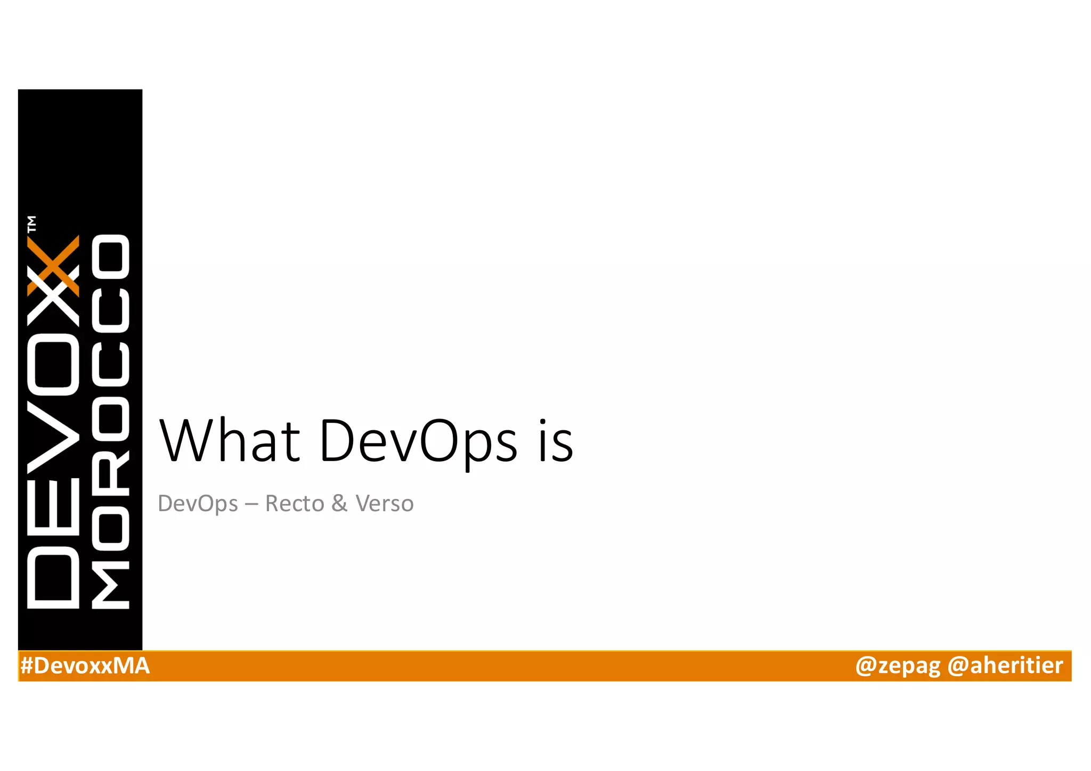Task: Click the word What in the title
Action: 230,441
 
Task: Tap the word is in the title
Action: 555,441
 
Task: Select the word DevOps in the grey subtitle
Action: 198,504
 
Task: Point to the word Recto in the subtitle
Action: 295,504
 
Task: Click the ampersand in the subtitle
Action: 339,504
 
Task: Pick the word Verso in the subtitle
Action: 384,504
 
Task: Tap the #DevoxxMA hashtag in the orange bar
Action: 85,666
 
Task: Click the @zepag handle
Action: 898,666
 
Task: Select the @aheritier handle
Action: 1005,666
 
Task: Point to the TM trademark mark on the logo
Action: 32,224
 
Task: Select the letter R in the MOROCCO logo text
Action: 110,473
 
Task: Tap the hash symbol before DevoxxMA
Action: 27,666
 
